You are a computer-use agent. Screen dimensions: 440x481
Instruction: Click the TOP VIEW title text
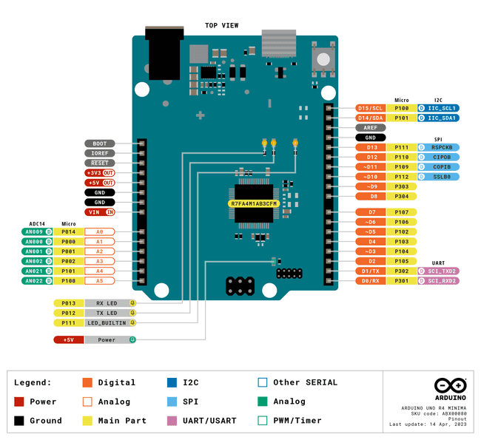tap(221, 26)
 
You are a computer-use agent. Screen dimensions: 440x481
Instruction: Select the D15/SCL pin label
tap(371, 108)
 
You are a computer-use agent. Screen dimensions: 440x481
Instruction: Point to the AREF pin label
tap(371, 127)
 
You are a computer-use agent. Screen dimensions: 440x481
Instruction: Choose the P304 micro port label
tap(402, 197)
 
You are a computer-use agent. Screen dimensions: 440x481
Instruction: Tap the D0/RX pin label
tap(371, 281)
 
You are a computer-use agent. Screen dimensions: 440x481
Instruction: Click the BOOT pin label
tap(100, 143)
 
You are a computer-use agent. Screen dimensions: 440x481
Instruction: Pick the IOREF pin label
tap(100, 153)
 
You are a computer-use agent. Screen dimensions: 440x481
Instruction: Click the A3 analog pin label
tap(99, 261)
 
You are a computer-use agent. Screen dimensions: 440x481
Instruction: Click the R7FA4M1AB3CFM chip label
tap(254, 203)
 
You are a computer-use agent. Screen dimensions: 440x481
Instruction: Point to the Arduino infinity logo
tap(450, 386)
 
